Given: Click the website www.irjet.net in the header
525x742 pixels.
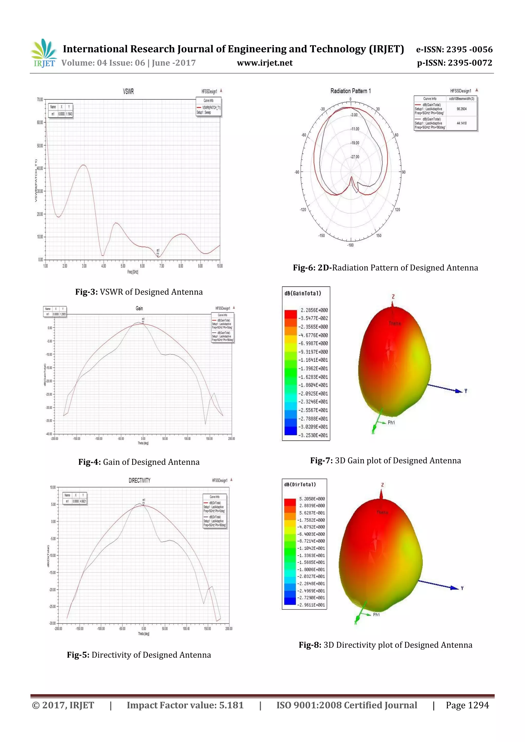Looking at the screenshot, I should point(265,63).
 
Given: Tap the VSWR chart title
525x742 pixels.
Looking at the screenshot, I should point(128,91).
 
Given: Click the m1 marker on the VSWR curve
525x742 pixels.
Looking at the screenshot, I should point(158,255).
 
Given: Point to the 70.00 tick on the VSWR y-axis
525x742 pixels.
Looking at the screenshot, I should point(40,99).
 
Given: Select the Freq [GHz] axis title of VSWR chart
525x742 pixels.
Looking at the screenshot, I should point(133,272).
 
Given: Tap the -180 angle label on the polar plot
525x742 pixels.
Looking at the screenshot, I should point(350,245).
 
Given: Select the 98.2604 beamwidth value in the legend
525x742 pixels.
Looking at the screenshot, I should point(461,109).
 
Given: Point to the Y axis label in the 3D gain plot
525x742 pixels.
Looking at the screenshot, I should point(466,391).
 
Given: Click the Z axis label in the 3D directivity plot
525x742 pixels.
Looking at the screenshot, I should point(382,485).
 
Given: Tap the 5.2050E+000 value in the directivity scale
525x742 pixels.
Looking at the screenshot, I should point(312,499).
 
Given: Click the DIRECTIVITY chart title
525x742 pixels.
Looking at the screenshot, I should point(139,481).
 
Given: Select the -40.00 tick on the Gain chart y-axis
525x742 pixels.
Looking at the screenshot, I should point(49,434).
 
